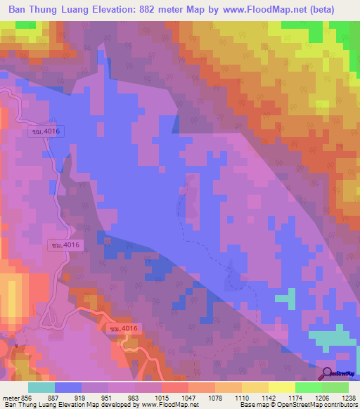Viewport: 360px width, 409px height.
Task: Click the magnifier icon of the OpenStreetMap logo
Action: coord(327,373)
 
